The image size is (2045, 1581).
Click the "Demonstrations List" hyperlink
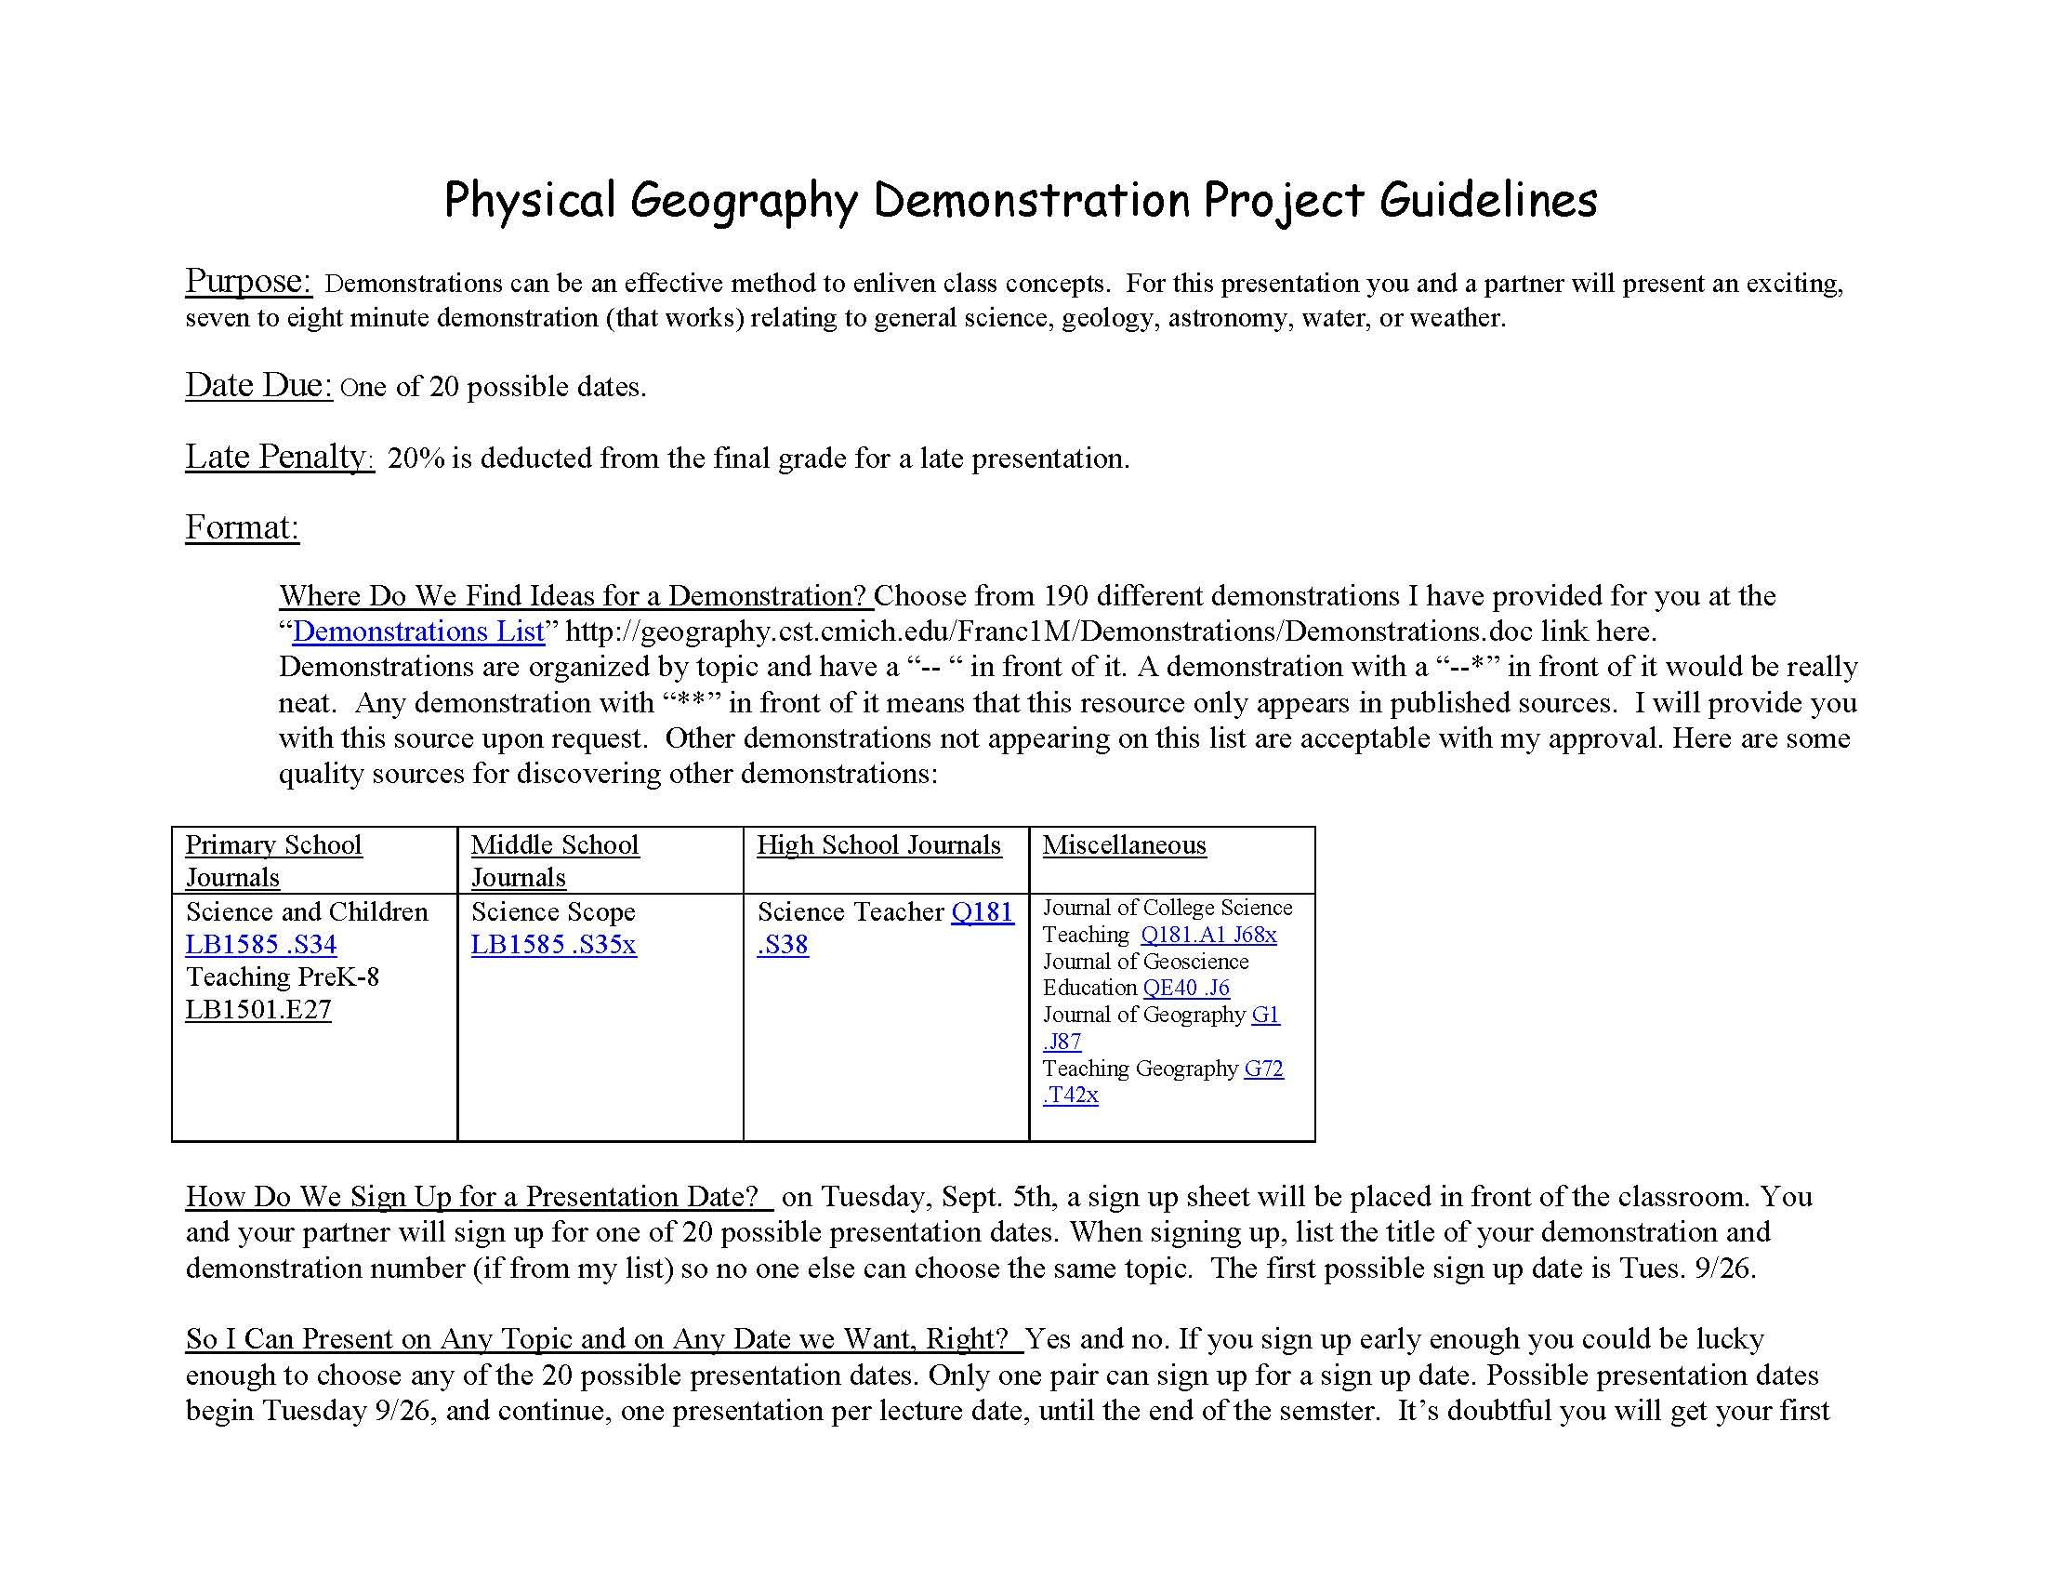[x=417, y=632]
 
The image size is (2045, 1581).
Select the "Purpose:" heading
[x=248, y=281]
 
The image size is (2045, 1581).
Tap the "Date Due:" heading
[x=258, y=385]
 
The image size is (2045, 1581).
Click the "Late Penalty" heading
[x=278, y=456]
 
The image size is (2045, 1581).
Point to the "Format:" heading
[x=242, y=527]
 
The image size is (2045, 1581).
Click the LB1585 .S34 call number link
[x=260, y=944]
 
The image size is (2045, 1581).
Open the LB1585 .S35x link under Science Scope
[x=553, y=944]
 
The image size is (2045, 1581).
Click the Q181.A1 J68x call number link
[x=1207, y=935]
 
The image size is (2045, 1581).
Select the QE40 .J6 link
[x=1186, y=987]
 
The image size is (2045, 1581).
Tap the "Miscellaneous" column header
[x=1124, y=844]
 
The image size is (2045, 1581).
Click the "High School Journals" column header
[x=878, y=844]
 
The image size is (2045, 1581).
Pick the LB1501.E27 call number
[x=258, y=1010]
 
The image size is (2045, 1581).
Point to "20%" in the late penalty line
[x=416, y=458]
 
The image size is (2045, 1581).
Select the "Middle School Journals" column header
[x=554, y=860]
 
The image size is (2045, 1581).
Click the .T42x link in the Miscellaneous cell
[x=1070, y=1095]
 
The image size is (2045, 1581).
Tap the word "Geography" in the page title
[x=743, y=201]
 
